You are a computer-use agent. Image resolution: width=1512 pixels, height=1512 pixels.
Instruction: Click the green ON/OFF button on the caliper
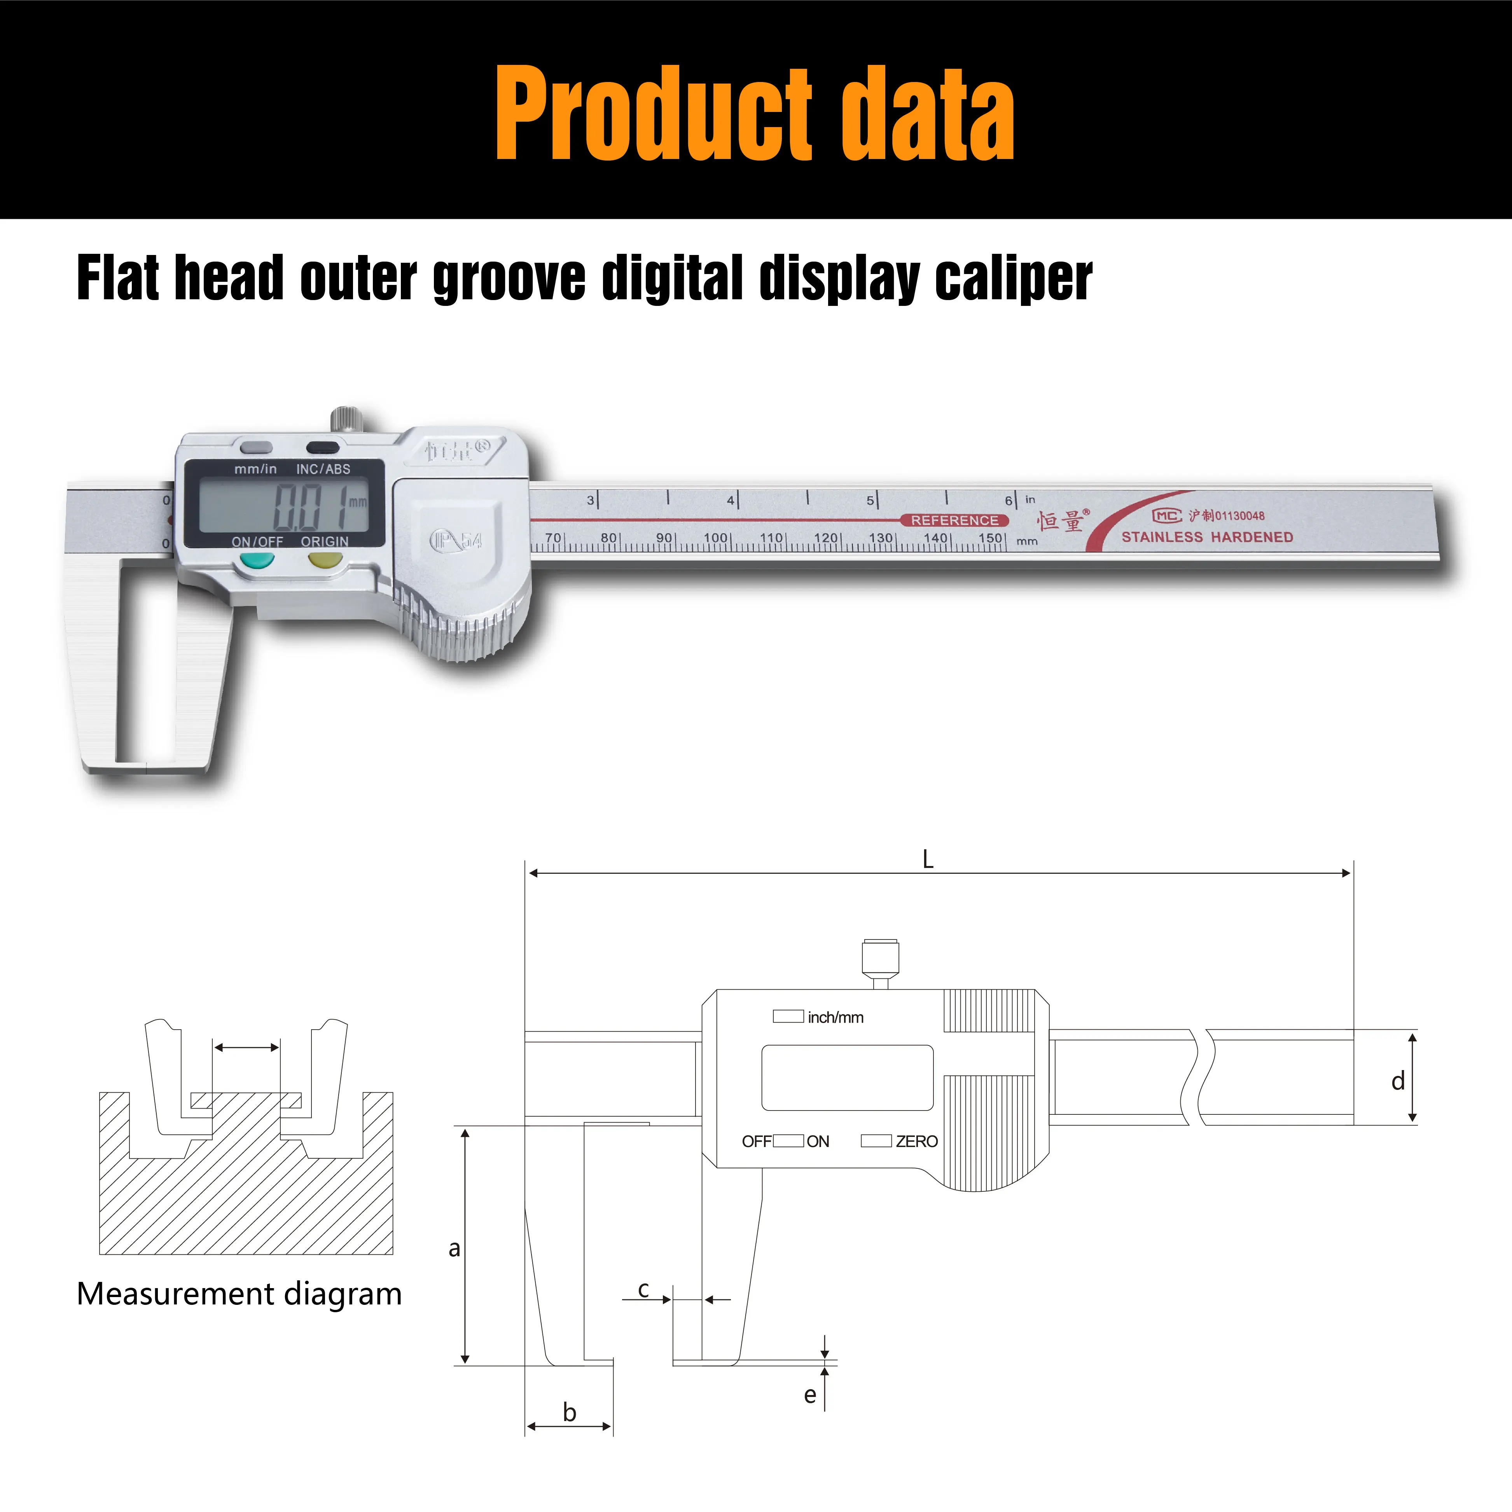pos(257,560)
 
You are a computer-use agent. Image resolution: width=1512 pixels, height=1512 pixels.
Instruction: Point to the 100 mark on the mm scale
pos(716,538)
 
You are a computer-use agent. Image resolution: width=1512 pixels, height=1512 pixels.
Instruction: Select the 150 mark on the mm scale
pos(990,538)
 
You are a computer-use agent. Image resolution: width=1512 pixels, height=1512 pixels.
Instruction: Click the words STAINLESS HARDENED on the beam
pos(1207,537)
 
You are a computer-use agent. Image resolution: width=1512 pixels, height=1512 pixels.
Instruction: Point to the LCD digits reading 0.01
pos(309,506)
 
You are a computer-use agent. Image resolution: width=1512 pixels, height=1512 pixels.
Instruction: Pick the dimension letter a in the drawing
pos(454,1247)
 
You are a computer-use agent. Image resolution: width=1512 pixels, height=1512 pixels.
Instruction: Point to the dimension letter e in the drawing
pos(810,1395)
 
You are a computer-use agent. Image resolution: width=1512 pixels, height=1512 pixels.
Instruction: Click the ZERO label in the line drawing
pos(916,1141)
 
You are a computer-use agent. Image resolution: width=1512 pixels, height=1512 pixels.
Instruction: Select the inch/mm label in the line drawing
pos(835,1017)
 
